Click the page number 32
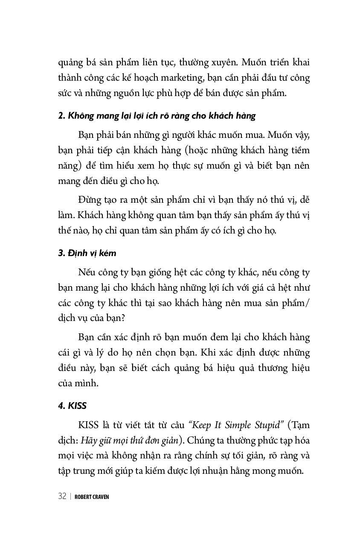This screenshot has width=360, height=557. coord(62,496)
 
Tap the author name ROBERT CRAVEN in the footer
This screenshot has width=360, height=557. coord(92,497)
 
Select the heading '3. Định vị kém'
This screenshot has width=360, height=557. coord(87,253)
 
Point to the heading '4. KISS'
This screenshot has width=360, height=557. coord(72,405)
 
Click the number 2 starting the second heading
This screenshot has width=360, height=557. coord(61,116)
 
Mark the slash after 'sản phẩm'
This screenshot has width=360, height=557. coord(308,303)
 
